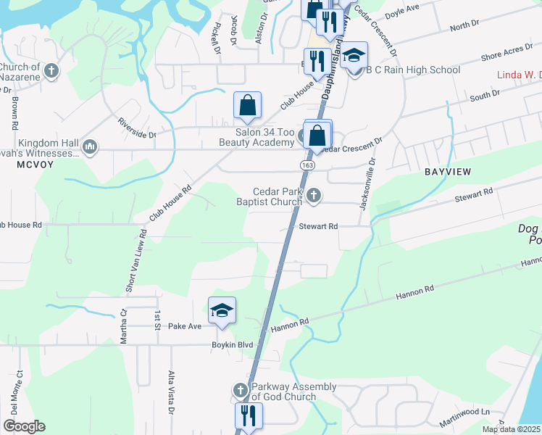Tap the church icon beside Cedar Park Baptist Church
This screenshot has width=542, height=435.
[x=314, y=194]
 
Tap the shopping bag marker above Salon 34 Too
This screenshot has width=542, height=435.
[x=247, y=106]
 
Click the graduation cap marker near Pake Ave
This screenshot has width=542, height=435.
[x=222, y=311]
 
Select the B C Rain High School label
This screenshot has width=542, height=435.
[x=413, y=70]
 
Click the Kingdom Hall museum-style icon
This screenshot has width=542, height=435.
[x=91, y=147]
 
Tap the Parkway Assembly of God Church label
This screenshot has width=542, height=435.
[x=283, y=391]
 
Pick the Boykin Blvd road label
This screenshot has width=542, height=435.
[x=232, y=345]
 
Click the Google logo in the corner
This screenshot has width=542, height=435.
[x=24, y=426]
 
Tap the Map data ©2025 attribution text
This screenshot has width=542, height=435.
[x=512, y=429]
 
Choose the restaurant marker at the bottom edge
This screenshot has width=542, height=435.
[x=248, y=417]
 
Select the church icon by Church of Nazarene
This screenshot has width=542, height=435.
[x=51, y=71]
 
